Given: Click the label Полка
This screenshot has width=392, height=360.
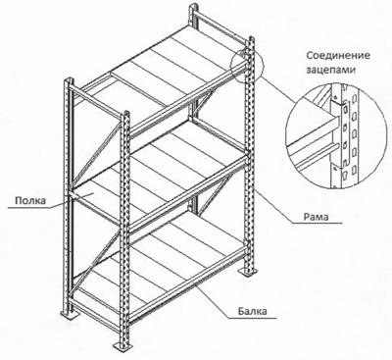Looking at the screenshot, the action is click(30, 200).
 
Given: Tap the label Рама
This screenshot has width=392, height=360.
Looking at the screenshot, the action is click(316, 217).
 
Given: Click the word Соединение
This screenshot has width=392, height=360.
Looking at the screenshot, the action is click(338, 55).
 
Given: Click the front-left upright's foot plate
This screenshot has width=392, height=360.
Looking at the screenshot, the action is click(70, 314).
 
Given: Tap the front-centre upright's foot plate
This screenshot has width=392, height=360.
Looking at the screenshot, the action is click(123, 346).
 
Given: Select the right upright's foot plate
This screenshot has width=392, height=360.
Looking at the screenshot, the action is click(249, 272).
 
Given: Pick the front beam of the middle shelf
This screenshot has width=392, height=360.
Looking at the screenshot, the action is click(188, 193).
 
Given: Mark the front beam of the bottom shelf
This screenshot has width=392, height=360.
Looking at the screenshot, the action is click(188, 283).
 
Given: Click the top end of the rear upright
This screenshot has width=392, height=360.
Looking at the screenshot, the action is click(193, 7).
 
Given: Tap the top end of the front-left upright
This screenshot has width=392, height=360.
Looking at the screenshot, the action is click(69, 80).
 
